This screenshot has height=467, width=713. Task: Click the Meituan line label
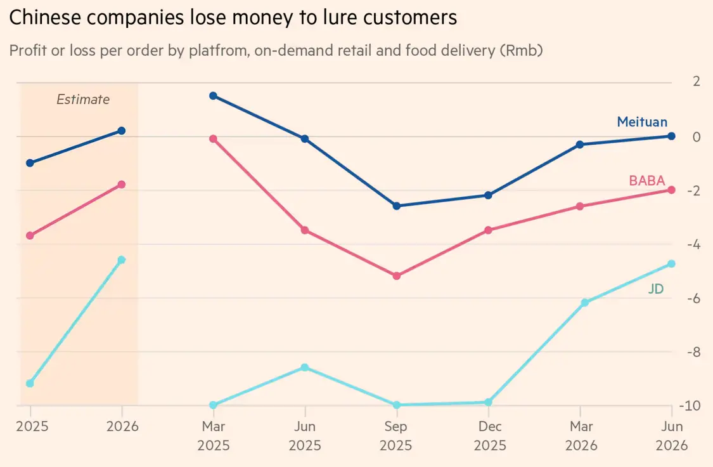point(641,122)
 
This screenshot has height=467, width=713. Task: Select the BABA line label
point(646,180)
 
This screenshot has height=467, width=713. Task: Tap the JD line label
point(655,289)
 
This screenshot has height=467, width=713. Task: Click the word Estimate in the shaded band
point(83,99)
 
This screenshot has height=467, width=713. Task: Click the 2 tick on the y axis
point(696,81)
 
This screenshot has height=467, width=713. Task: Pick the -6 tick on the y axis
point(693,298)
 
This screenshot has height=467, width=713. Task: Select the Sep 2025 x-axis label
point(397,435)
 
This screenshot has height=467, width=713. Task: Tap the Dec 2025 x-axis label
point(488,435)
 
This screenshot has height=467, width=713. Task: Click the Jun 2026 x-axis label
point(672,435)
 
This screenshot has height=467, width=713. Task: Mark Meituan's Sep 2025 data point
point(397,206)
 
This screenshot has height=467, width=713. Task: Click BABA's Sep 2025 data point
point(397,276)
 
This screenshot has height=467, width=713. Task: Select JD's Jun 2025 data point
point(305,367)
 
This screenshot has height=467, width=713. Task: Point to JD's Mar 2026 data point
point(580,303)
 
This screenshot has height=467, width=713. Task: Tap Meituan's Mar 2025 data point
point(213,96)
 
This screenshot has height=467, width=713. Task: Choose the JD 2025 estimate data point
point(30,383)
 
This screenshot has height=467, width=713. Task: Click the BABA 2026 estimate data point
point(122,185)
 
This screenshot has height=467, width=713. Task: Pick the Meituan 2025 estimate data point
point(30,163)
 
